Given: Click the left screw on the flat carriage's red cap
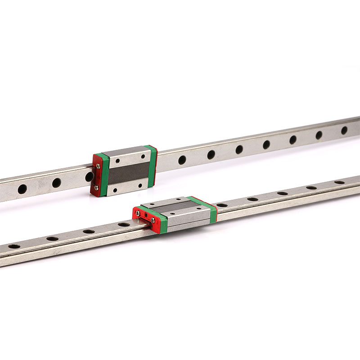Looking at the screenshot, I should pyautogui.click(x=138, y=213).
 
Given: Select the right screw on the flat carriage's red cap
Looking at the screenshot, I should pyautogui.click(x=153, y=220).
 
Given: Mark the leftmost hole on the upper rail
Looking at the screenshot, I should pyautogui.click(x=22, y=189).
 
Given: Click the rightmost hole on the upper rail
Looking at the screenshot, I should pyautogui.click(x=344, y=130).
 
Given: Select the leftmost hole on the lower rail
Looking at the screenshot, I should pyautogui.click(x=14, y=246).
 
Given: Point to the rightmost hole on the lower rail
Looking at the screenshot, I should pyautogui.click(x=339, y=182).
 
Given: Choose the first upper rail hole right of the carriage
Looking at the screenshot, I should pyautogui.click(x=182, y=160).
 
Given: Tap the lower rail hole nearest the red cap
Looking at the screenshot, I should pyautogui.click(x=124, y=224).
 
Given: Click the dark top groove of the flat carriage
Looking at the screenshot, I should pyautogui.click(x=175, y=207).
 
